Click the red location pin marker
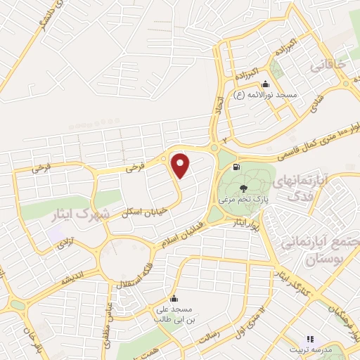[x=181, y=165]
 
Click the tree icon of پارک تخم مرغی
[x=243, y=188]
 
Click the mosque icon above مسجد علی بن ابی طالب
[x=174, y=297]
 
